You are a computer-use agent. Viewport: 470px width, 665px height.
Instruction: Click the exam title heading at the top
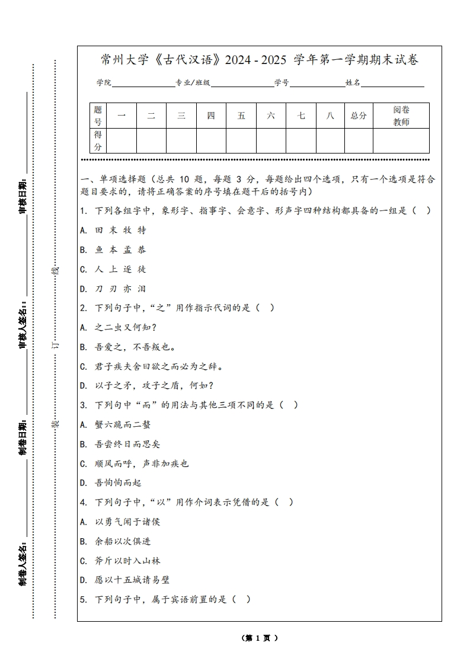260,60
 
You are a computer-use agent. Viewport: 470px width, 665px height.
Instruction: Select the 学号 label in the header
282,83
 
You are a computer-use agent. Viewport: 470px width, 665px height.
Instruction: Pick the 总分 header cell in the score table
359,116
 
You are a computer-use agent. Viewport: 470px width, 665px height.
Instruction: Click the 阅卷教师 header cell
401,116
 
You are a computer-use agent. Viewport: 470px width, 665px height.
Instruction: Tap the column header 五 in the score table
241,116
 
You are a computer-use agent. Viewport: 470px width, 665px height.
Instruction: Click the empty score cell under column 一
122,141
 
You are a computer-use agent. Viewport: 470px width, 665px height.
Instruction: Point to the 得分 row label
98,141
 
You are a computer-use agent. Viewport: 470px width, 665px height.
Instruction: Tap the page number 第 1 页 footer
260,638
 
